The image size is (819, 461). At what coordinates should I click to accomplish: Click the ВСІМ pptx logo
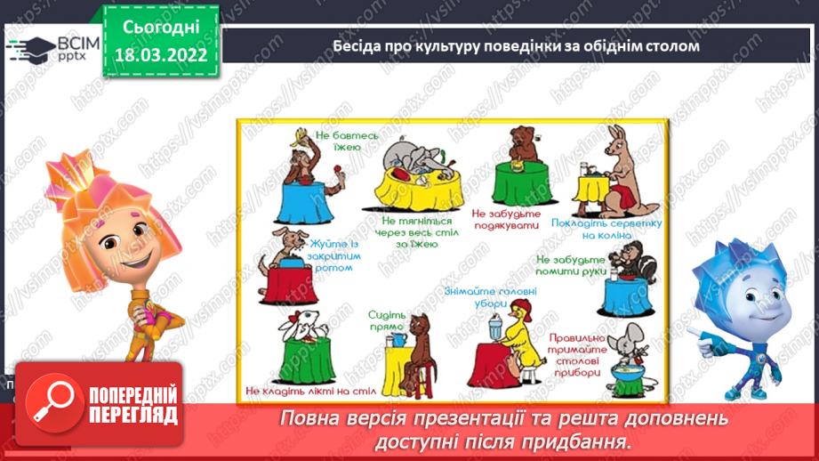53,45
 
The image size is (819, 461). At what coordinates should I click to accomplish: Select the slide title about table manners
516,45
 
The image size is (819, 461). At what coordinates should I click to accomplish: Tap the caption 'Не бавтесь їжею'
349,142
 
